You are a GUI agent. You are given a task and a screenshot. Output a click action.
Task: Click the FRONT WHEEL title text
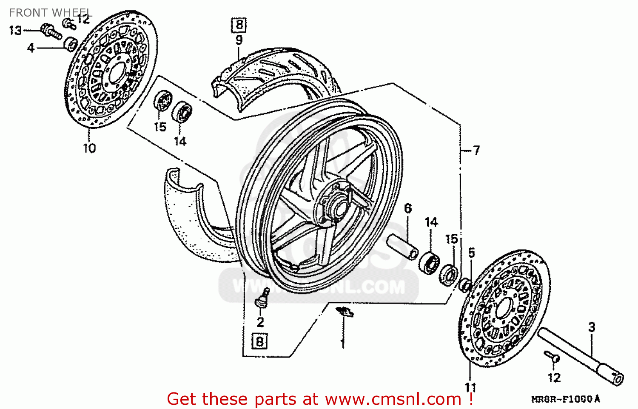coord(50,13)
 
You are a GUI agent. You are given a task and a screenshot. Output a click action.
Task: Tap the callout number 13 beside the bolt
coord(15,31)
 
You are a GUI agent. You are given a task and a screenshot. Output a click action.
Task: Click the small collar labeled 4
coord(71,44)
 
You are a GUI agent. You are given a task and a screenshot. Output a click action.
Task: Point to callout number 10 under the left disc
coord(89,148)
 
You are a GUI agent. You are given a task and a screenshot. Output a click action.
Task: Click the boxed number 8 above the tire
coord(239,25)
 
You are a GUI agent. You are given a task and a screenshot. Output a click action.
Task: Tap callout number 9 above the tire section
coord(239,40)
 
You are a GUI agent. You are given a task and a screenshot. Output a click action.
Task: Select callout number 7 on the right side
coord(476,150)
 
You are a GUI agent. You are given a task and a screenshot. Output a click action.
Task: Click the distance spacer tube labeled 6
coord(402,247)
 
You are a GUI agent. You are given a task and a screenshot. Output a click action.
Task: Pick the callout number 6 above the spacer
coord(408,208)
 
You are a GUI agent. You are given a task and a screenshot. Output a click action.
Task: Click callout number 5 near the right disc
coord(471,253)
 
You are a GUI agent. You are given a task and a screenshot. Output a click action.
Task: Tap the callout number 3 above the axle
coord(592,327)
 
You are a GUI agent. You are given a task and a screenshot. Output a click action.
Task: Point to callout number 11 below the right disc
coord(470,387)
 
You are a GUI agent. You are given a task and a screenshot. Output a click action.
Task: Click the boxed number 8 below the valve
coord(260,341)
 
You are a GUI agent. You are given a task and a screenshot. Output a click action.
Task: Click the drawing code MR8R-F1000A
coord(566,399)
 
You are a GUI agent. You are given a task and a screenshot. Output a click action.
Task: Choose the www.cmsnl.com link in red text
coord(393,399)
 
